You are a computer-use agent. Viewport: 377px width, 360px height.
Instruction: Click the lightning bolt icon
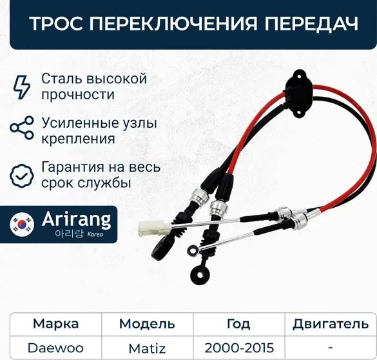click(x=22, y=86)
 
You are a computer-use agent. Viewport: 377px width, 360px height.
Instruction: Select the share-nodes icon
click(x=22, y=128)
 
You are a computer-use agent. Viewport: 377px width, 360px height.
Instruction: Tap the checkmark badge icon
click(x=22, y=174)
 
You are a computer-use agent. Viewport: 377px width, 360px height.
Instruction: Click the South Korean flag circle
click(x=24, y=225)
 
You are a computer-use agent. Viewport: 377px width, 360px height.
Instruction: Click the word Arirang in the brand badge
click(x=76, y=220)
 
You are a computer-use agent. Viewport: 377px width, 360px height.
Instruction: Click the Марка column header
click(x=55, y=324)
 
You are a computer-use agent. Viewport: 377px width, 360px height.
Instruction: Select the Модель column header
click(x=148, y=324)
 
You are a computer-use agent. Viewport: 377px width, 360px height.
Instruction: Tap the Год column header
click(x=239, y=324)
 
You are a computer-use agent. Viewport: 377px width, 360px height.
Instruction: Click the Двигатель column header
click(x=330, y=324)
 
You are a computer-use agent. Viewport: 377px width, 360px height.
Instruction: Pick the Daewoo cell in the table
click(x=55, y=348)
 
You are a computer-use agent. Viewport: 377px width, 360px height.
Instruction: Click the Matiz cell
click(x=148, y=348)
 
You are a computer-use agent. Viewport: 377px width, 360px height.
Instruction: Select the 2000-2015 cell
click(x=239, y=348)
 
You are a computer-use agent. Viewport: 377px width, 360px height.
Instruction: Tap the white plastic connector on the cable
click(x=153, y=228)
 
